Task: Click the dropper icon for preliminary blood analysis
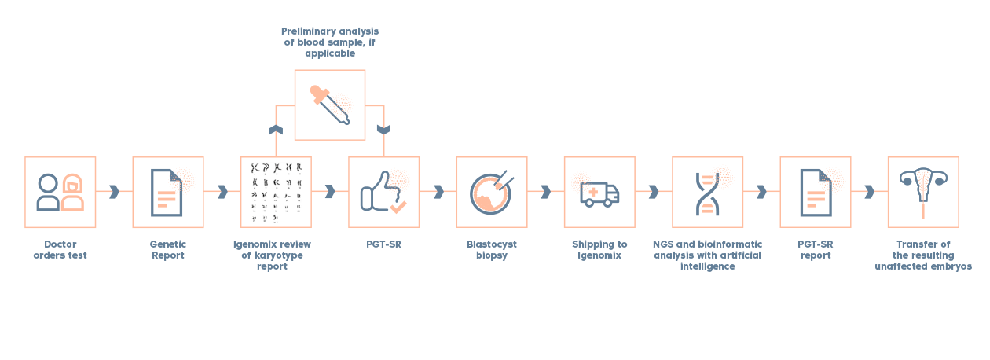point(330,105)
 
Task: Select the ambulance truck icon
point(599,194)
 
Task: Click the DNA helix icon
point(707,193)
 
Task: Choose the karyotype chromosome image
point(277,193)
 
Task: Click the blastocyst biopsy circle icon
point(492,193)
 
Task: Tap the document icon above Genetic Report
point(167,193)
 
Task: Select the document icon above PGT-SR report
point(816,193)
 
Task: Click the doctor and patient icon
point(60,193)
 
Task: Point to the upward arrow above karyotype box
point(276,129)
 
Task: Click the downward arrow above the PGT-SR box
point(383,129)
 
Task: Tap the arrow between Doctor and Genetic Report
point(115,192)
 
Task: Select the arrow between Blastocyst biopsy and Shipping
point(546,192)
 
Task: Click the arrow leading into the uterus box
point(869,192)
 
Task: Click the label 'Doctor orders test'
point(60,249)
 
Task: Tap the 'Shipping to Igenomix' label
point(599,249)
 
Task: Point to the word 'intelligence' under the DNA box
point(708,266)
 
